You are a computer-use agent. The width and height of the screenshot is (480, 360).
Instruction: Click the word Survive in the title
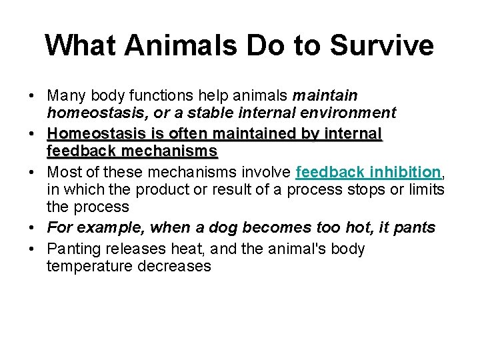382,45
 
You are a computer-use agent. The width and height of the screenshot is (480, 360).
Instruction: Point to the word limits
421,189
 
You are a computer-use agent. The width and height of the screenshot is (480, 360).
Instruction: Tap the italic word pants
415,228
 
